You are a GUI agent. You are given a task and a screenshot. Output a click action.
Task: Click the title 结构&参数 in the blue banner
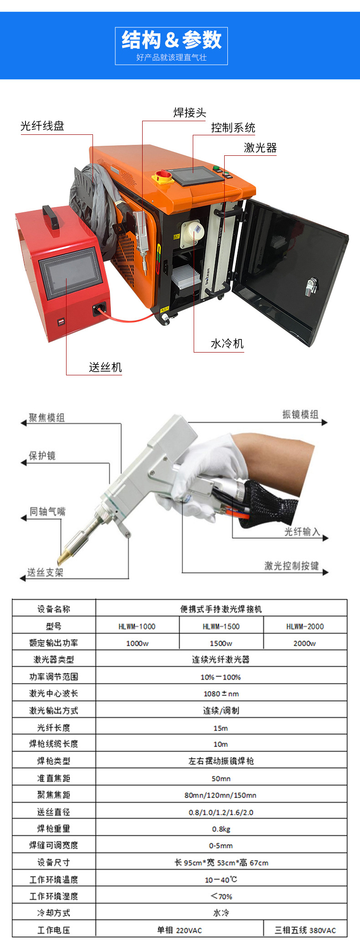(171, 40)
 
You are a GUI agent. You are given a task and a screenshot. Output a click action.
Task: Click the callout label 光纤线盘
(42, 126)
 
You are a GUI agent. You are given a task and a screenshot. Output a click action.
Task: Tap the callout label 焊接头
(190, 113)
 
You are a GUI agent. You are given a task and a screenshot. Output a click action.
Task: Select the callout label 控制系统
(233, 128)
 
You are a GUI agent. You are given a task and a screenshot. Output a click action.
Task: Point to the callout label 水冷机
(227, 343)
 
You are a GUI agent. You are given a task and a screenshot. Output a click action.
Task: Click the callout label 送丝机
(105, 367)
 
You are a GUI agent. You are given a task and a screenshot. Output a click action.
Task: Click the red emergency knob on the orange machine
(164, 174)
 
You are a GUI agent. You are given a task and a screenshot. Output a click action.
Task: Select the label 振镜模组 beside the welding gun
(300, 415)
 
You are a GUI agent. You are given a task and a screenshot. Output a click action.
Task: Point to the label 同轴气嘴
(47, 512)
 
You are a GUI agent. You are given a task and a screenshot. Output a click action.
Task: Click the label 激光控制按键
(291, 566)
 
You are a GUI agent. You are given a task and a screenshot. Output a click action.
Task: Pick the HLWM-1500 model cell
(221, 626)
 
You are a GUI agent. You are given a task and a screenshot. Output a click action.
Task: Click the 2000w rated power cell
(304, 643)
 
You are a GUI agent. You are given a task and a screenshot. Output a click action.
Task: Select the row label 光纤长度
(54, 727)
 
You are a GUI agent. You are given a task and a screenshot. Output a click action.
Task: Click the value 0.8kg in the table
(221, 829)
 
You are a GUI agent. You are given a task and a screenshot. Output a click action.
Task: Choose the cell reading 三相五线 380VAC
(305, 930)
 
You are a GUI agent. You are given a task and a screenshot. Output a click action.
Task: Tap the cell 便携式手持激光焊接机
(221, 609)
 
